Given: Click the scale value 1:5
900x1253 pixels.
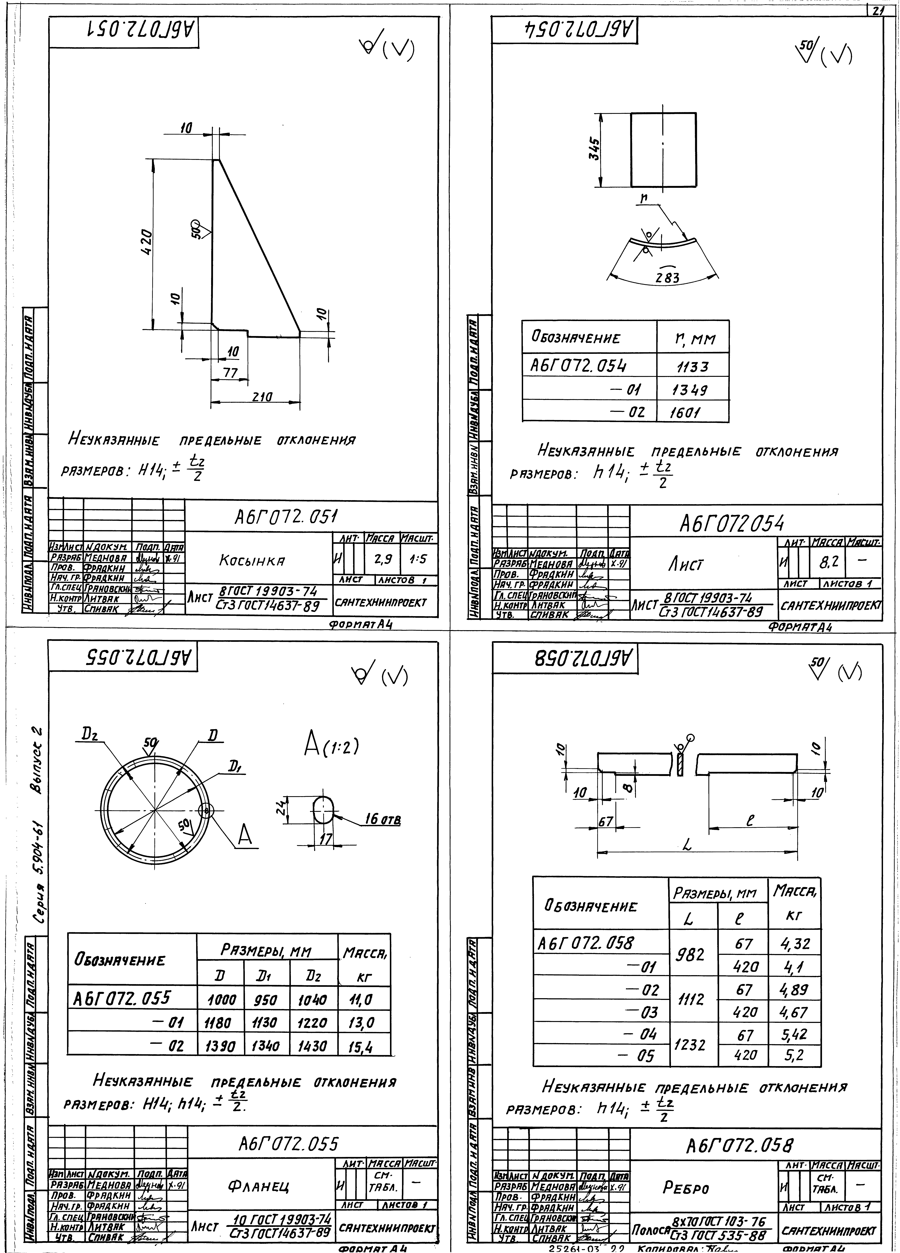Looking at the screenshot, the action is point(418,559).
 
